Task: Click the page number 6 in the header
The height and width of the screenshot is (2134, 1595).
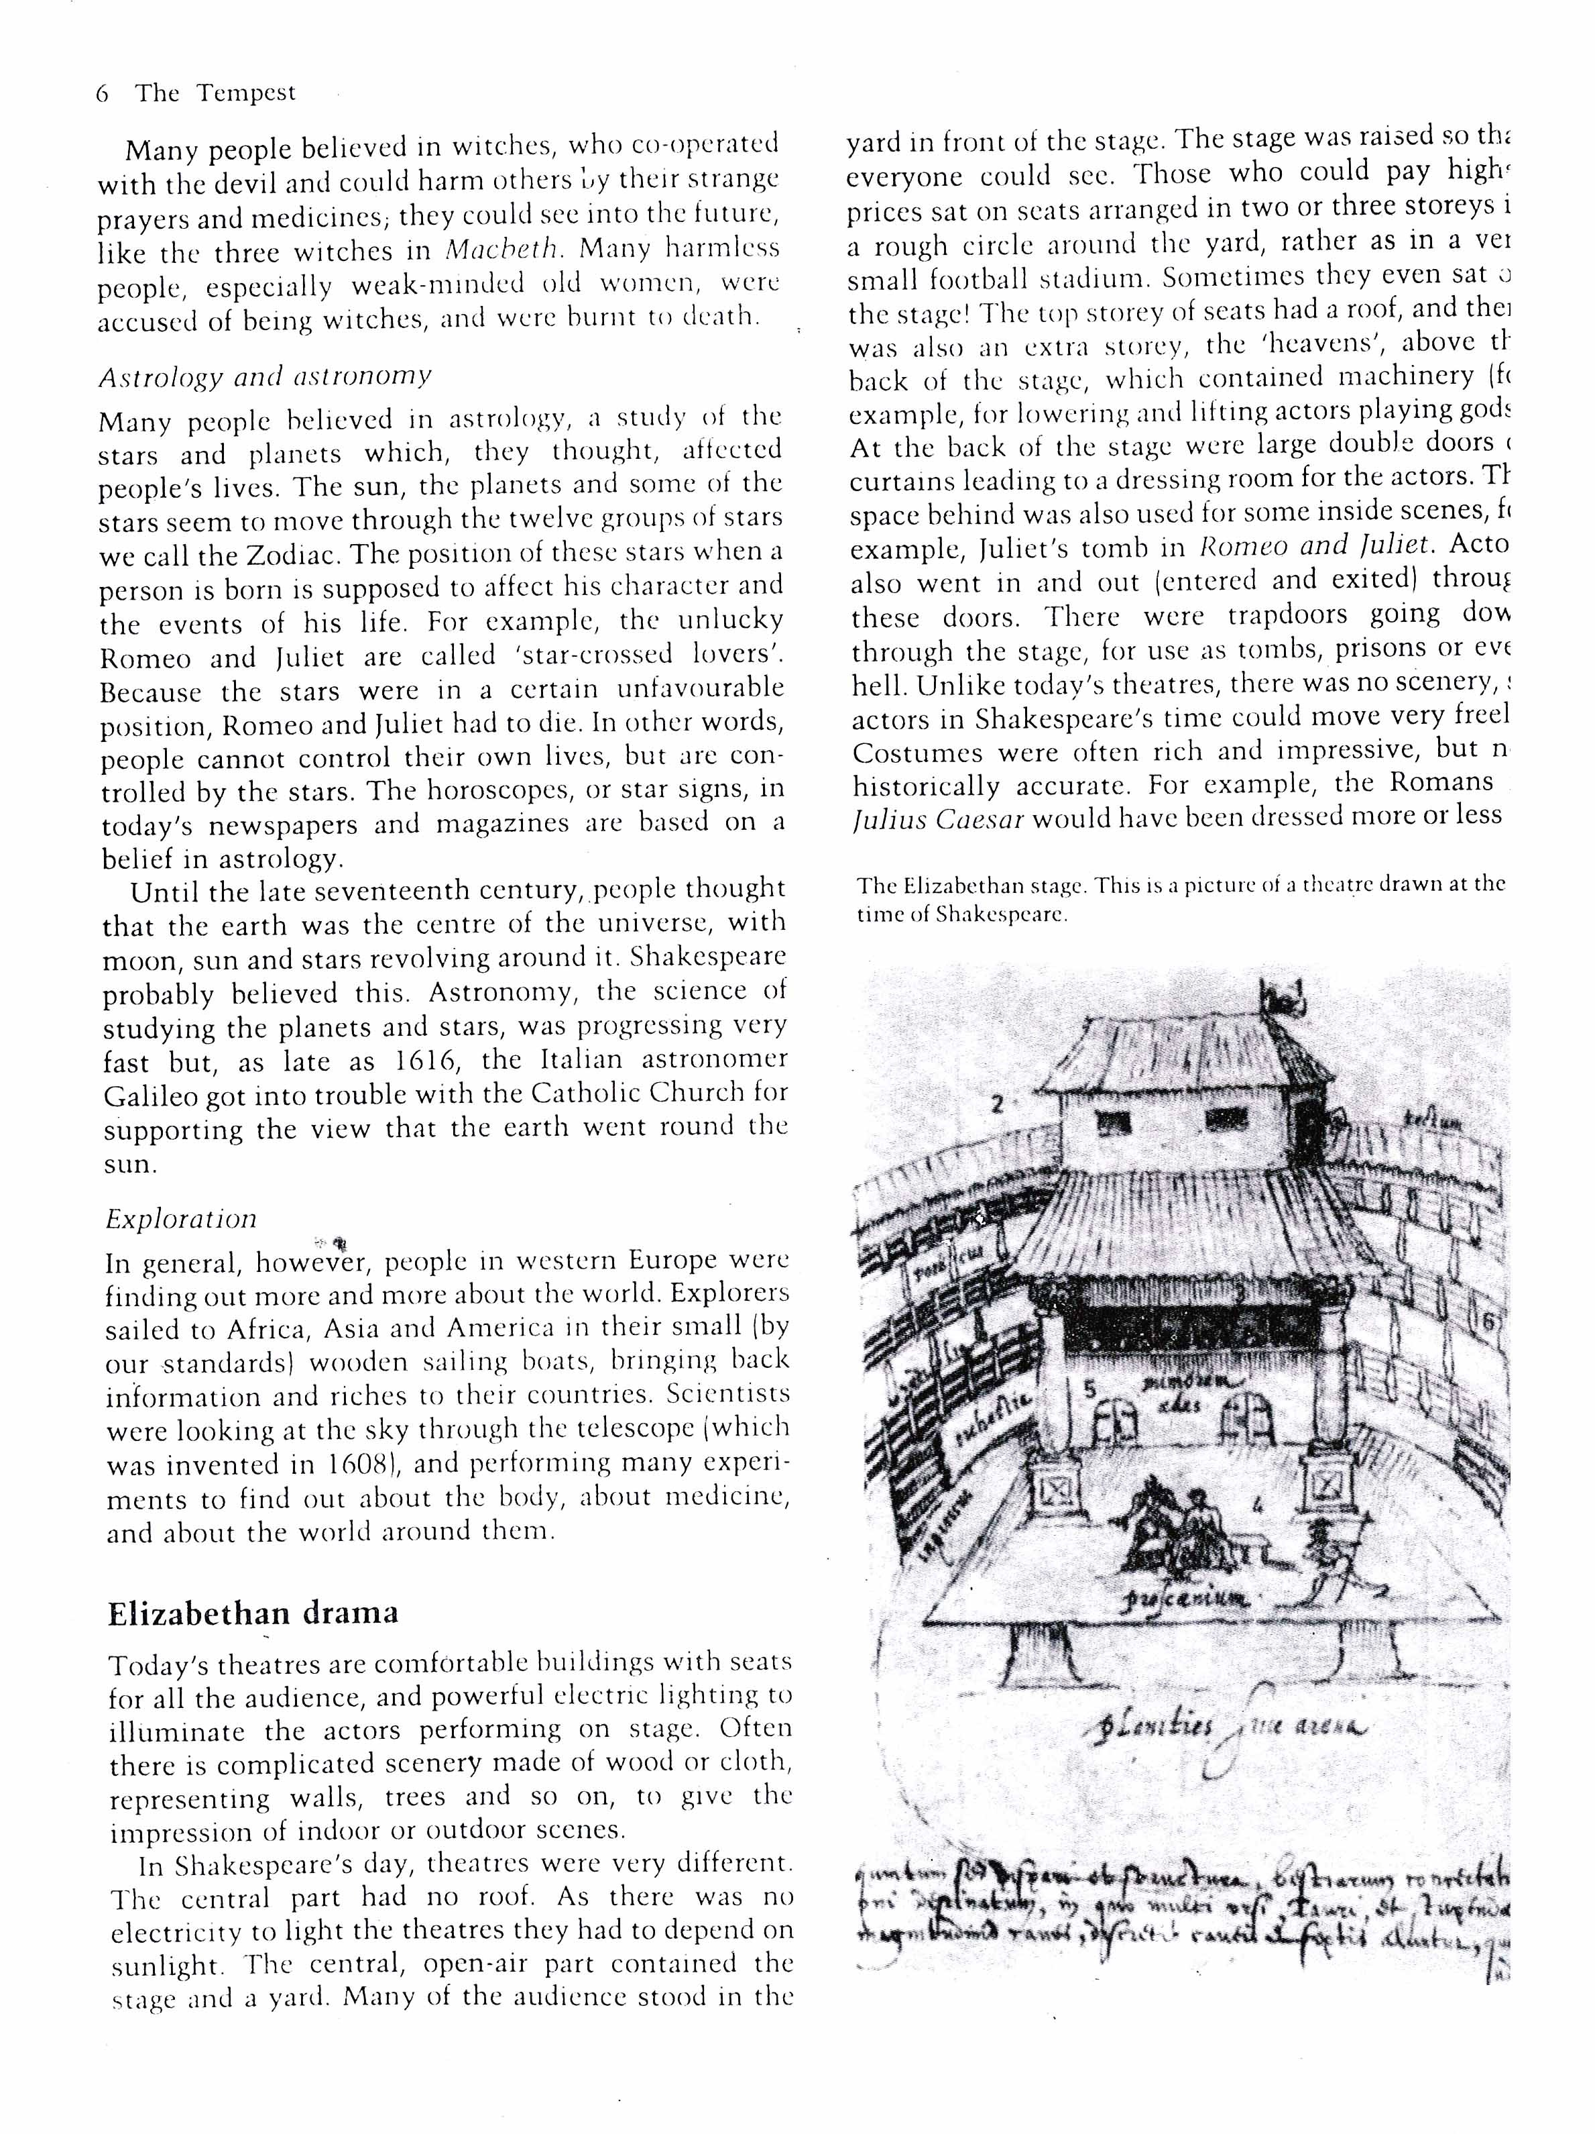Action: coord(102,93)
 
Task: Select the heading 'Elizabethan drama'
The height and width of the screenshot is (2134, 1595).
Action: coord(253,1614)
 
